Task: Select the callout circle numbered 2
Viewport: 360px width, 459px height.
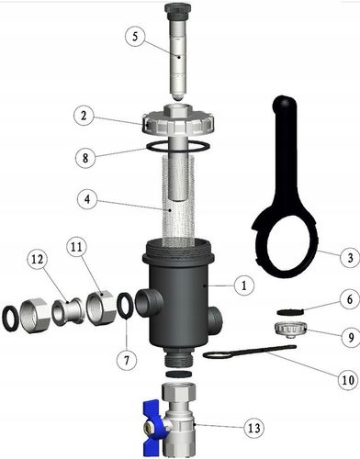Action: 84,117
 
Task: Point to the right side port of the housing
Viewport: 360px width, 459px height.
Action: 215,319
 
